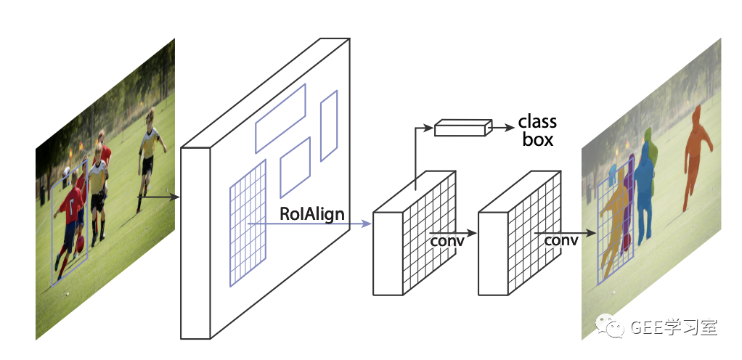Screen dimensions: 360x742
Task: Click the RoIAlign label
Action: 312,214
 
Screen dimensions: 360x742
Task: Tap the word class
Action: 537,121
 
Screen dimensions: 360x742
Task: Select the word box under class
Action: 538,139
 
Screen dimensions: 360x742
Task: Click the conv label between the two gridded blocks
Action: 447,240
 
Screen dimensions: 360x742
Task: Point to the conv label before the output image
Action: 561,240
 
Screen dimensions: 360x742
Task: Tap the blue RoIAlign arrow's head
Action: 367,224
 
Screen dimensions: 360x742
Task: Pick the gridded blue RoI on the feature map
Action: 248,222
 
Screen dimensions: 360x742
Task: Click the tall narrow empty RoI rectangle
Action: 329,126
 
